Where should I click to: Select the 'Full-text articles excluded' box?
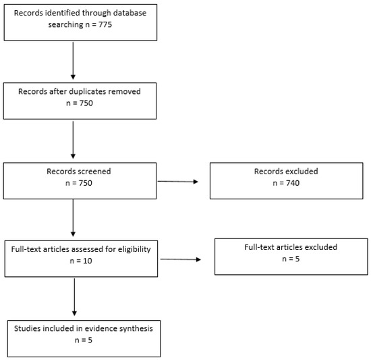click(x=291, y=256)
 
